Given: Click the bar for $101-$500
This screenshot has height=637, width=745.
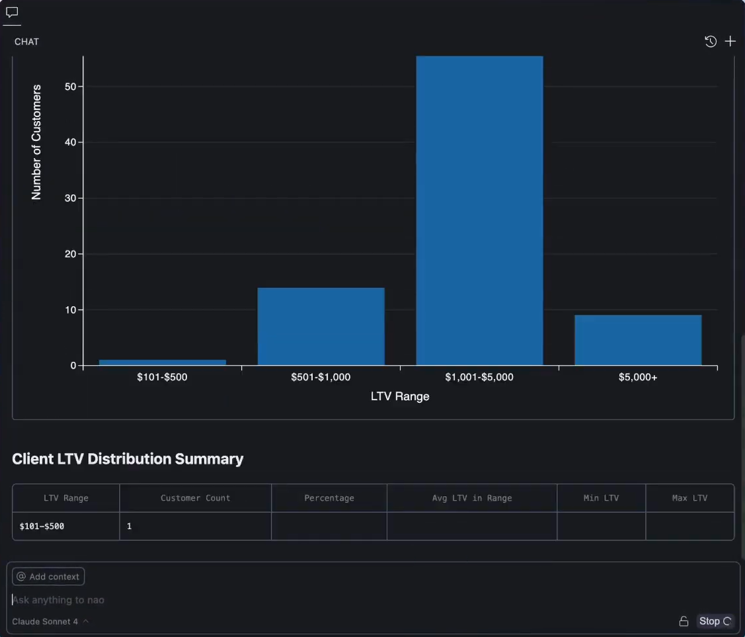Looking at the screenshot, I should pyautogui.click(x=162, y=362).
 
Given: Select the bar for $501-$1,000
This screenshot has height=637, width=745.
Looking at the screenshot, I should pyautogui.click(x=321, y=327).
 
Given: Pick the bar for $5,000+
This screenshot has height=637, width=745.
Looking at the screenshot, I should pyautogui.click(x=638, y=340).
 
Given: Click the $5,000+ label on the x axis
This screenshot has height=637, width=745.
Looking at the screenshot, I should pyautogui.click(x=638, y=378).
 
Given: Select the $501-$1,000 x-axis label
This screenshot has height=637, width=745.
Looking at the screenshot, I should pyautogui.click(x=321, y=378).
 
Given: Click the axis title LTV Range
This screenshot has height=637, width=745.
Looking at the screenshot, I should pyautogui.click(x=400, y=397).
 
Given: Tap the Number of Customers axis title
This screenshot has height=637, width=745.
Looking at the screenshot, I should pyautogui.click(x=36, y=142).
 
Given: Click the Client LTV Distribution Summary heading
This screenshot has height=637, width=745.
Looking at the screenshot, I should pyautogui.click(x=128, y=459).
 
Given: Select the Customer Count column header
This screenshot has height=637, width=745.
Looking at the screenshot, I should pyautogui.click(x=195, y=498).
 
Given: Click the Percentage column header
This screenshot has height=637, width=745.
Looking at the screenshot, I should pyautogui.click(x=329, y=498).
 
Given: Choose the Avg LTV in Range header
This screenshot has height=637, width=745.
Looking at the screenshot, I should pyautogui.click(x=471, y=498).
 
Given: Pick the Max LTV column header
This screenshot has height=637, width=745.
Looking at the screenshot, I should pyautogui.click(x=689, y=498).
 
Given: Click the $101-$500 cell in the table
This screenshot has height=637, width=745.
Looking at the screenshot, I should pyautogui.click(x=42, y=527).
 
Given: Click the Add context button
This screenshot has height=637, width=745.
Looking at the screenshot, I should pyautogui.click(x=48, y=577).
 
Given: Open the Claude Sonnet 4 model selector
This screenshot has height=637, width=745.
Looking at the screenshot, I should pyautogui.click(x=50, y=622).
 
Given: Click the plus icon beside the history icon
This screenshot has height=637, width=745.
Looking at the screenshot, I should pyautogui.click(x=730, y=42).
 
